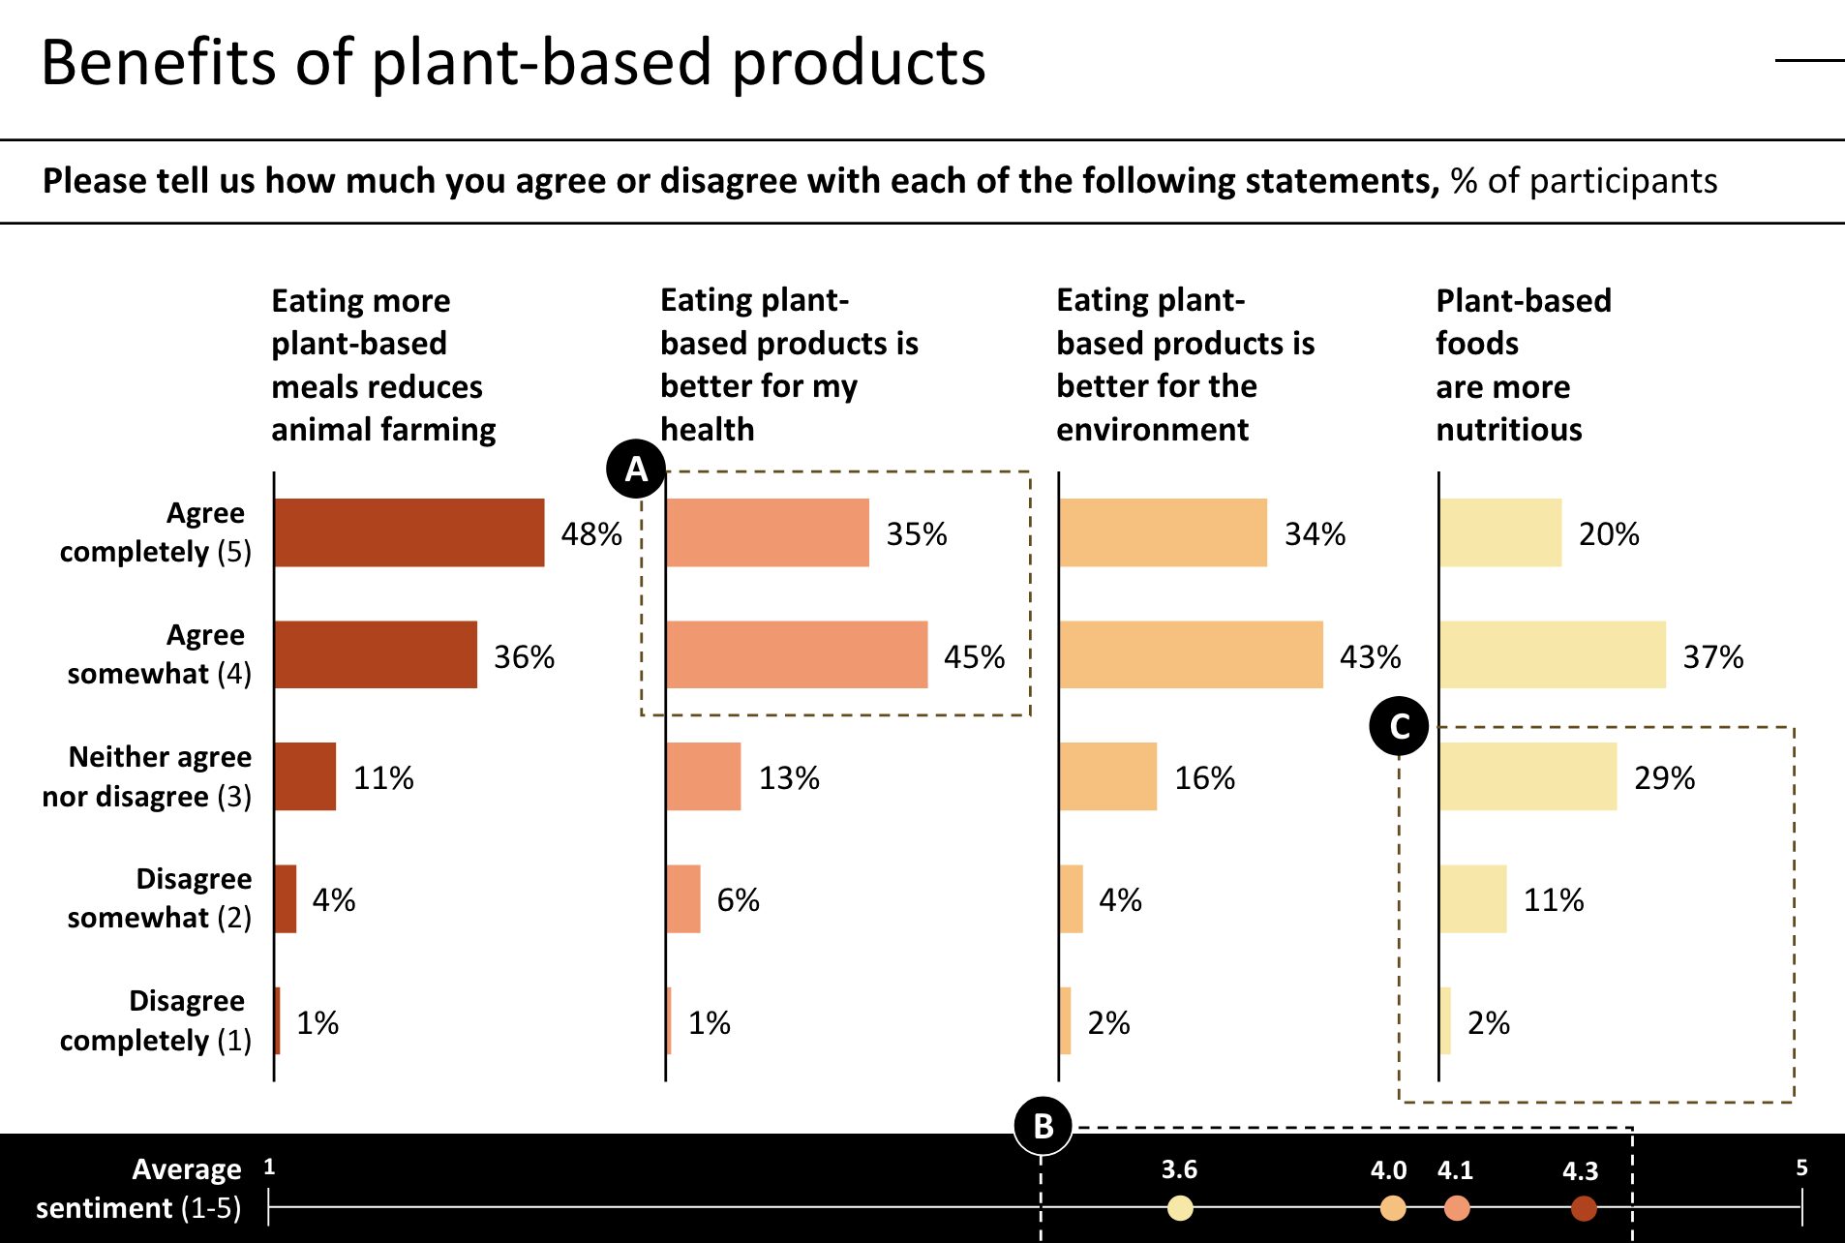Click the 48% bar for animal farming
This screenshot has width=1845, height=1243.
click(x=408, y=532)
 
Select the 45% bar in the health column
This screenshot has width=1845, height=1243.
click(x=797, y=654)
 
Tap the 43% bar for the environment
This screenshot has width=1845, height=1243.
click(x=1191, y=654)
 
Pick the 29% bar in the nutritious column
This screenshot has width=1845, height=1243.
click(x=1527, y=776)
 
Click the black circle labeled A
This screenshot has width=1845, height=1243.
click(x=636, y=470)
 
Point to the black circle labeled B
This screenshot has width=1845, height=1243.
click(x=1043, y=1126)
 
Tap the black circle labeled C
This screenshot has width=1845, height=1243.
click(x=1399, y=726)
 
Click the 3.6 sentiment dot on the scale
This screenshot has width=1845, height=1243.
click(x=1180, y=1207)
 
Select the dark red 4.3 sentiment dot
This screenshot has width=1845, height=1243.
click(x=1584, y=1207)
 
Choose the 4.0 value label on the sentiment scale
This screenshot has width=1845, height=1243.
click(x=1388, y=1170)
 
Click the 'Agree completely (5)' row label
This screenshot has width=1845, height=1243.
click(x=155, y=532)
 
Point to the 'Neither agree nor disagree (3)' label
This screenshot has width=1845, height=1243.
click(x=147, y=776)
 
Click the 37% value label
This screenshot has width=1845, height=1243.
click(x=1712, y=657)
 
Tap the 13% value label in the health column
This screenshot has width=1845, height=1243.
click(x=788, y=778)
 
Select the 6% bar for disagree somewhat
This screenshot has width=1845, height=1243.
click(x=683, y=898)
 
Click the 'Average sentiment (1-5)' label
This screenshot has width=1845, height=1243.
click(x=138, y=1188)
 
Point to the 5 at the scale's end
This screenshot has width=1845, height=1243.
click(x=1801, y=1167)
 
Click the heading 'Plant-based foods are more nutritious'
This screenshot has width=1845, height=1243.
click(x=1522, y=364)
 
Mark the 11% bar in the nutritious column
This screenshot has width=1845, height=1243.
click(x=1472, y=898)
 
